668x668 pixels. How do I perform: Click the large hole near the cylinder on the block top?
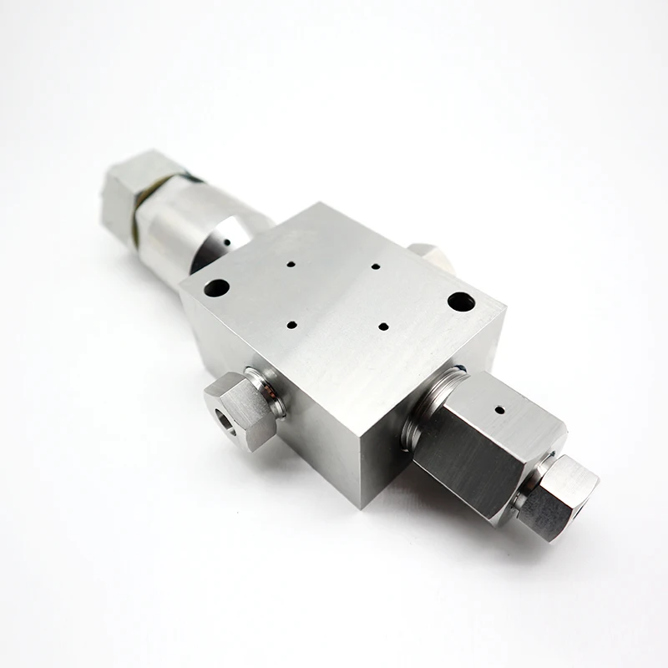click(x=216, y=288)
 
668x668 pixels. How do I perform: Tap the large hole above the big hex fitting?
click(x=461, y=301)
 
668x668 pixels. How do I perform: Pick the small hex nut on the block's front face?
click(x=239, y=411)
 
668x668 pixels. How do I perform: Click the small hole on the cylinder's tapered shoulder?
click(x=226, y=244)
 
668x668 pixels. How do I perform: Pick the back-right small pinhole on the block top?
click(x=375, y=267)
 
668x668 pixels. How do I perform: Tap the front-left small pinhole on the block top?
click(x=291, y=323)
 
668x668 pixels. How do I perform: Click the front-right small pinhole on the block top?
click(x=382, y=326)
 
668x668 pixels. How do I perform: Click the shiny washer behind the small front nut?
click(x=269, y=391)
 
